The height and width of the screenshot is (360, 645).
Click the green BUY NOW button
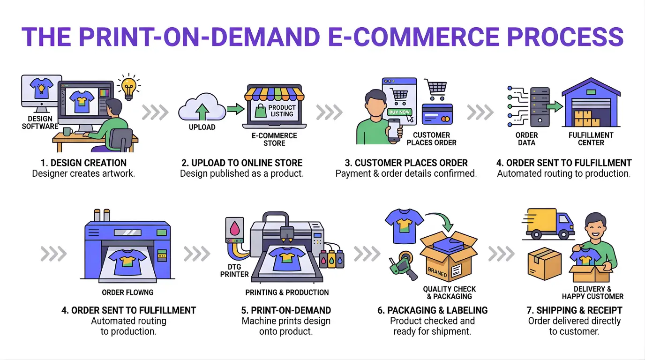[x=399, y=112]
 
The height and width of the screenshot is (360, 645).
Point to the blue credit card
[x=437, y=114]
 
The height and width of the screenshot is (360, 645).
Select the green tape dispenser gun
[x=402, y=267]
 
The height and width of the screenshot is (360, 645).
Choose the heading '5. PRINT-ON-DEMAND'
[x=286, y=310]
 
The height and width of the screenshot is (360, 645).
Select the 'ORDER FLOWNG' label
[x=127, y=292]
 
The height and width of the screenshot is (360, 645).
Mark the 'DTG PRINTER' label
[x=234, y=270]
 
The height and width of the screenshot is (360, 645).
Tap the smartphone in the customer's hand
[x=394, y=129]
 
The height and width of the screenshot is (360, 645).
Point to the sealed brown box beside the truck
[x=544, y=264]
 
